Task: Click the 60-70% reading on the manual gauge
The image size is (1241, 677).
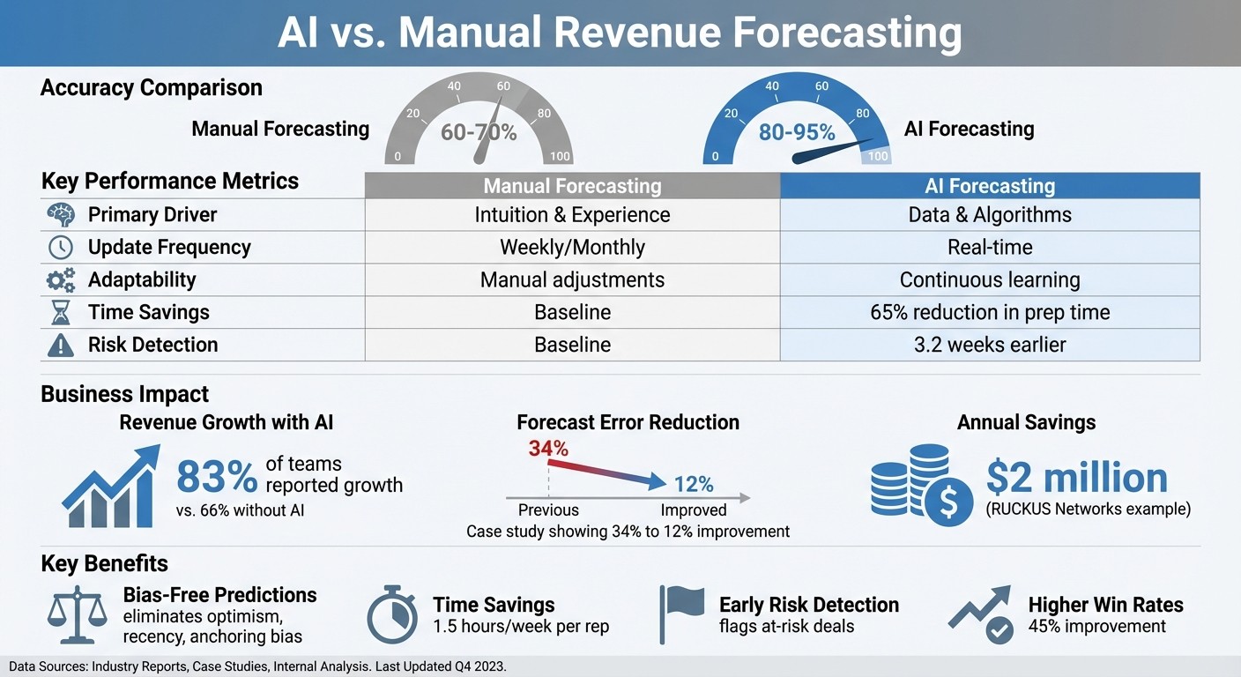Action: (479, 132)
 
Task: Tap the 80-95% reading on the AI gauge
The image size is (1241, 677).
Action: (797, 132)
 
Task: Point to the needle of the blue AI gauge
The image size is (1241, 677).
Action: (829, 151)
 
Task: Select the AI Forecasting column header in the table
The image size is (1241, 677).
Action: (990, 186)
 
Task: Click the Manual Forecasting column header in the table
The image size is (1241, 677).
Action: (572, 186)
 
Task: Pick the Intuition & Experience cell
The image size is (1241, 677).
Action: (572, 215)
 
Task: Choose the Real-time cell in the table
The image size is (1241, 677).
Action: (990, 248)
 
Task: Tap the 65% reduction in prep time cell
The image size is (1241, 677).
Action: (990, 312)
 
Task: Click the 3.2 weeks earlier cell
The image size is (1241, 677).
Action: (990, 345)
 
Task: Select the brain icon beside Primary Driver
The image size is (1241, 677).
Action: (60, 215)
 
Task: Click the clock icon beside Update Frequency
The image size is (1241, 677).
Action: (60, 248)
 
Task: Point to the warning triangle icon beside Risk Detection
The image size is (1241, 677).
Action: (60, 346)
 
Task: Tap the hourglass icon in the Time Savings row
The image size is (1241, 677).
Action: (60, 313)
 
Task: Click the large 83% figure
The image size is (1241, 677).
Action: (217, 477)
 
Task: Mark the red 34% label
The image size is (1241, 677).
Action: (547, 449)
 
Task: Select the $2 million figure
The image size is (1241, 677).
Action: (1076, 477)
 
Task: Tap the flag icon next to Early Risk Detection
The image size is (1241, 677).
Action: (682, 612)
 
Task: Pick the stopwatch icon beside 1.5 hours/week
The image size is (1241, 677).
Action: (392, 615)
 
